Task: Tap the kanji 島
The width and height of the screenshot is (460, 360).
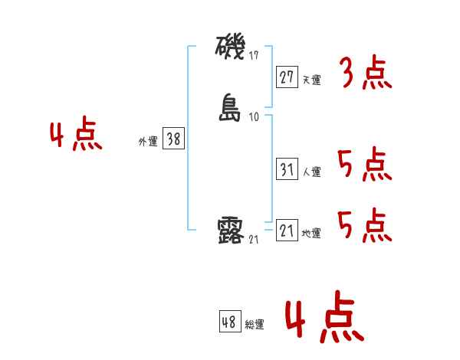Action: (232, 108)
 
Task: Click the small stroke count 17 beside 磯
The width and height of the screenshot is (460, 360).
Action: (255, 56)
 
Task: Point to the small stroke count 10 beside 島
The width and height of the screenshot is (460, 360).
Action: (255, 117)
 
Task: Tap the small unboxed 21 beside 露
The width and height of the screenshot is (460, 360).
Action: (255, 240)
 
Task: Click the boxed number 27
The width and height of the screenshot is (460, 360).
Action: (287, 77)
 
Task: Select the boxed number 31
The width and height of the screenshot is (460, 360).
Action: (287, 170)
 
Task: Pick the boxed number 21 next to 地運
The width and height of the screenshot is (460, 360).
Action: (287, 231)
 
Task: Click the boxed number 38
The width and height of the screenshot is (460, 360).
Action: (173, 139)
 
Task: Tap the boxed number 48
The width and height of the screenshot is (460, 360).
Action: (228, 322)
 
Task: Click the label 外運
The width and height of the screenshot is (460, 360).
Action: (147, 141)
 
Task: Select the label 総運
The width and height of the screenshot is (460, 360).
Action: (254, 325)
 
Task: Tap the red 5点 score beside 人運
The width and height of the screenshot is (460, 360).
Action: (363, 165)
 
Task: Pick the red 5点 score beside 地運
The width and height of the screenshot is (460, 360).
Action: (363, 225)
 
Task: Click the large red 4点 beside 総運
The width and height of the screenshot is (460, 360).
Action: (323, 319)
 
